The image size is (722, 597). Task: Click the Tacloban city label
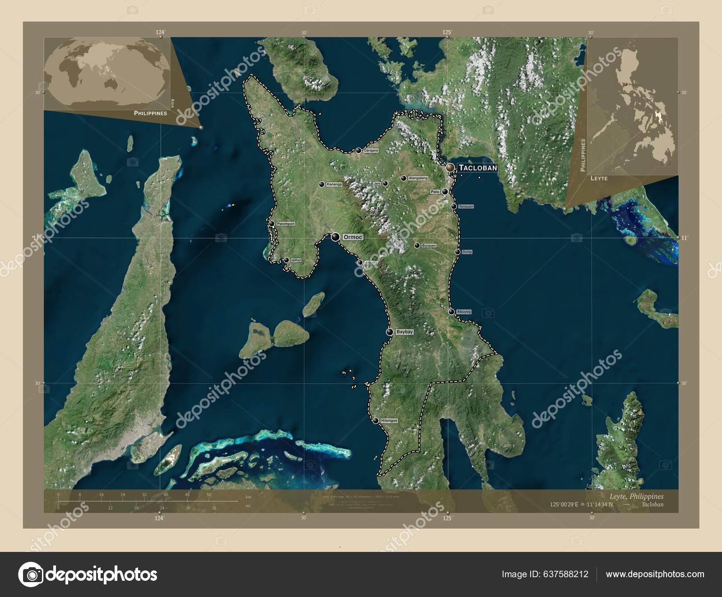pyautogui.click(x=477, y=168)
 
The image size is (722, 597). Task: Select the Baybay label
pyautogui.click(x=404, y=332)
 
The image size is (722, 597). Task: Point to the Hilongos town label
pyautogui.click(x=389, y=421)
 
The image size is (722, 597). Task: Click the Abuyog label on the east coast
pyautogui.click(x=463, y=312)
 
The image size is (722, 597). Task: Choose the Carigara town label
pyautogui.click(x=371, y=151)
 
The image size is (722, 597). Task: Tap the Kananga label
pyautogui.click(x=334, y=184)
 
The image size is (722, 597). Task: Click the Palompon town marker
pyautogui.click(x=272, y=224)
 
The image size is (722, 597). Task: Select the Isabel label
pyautogui.click(x=296, y=260)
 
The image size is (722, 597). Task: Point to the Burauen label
pyautogui.click(x=429, y=246)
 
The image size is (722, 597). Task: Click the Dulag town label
pyautogui.click(x=467, y=252)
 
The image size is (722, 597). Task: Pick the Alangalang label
pyautogui.click(x=418, y=179)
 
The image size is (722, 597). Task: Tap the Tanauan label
pyautogui.click(x=466, y=207)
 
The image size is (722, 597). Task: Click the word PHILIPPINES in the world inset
pyautogui.click(x=150, y=113)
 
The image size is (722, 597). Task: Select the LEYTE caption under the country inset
pyautogui.click(x=599, y=179)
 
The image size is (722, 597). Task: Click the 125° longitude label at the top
pyautogui.click(x=447, y=32)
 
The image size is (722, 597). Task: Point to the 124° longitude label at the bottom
pyautogui.click(x=159, y=519)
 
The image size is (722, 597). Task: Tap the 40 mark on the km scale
pyautogui.click(x=166, y=495)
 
